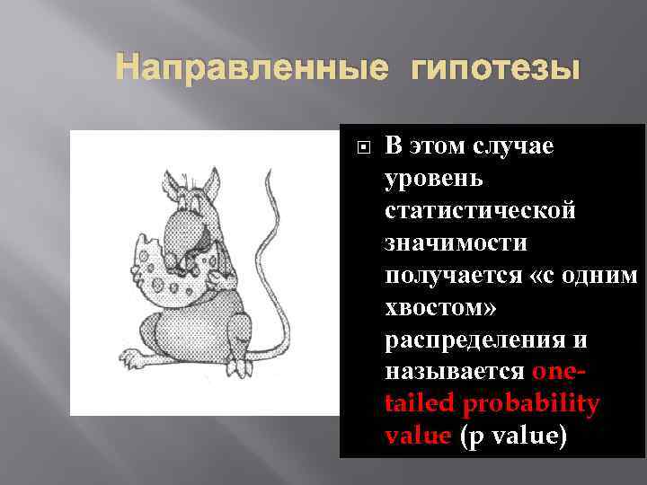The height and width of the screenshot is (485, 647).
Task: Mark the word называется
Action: pyautogui.click(x=455, y=373)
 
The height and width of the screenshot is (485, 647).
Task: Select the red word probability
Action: pyautogui.click(x=531, y=405)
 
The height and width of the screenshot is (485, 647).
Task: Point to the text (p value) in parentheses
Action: pyautogui.click(x=513, y=437)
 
